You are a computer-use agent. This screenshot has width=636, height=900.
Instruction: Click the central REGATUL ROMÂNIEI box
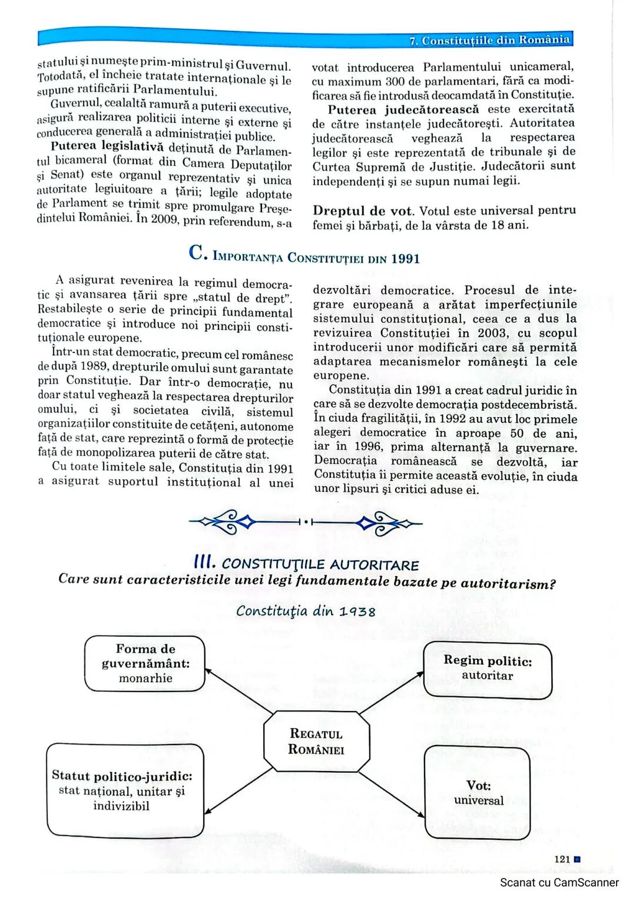316,741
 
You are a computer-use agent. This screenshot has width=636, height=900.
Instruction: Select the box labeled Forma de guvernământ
145,663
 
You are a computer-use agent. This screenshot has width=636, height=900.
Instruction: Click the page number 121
562,859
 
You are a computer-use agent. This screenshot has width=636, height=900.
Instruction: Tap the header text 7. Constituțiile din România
490,40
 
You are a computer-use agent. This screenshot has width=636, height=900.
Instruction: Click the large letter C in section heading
196,253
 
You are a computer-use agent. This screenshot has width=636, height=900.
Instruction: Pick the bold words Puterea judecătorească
403,110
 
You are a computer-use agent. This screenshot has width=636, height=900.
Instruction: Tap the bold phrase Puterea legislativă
107,147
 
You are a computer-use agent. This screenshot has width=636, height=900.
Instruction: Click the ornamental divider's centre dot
306,522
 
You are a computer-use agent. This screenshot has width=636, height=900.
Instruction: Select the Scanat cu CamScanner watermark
559,882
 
